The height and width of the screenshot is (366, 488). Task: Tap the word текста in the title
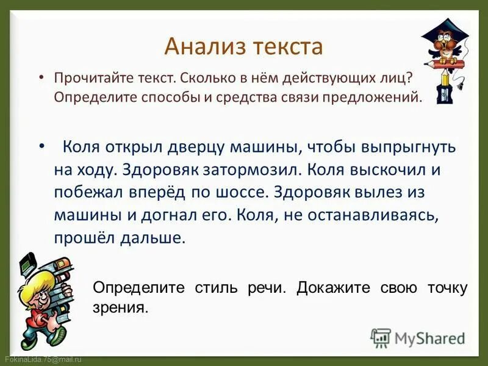point(283,46)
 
